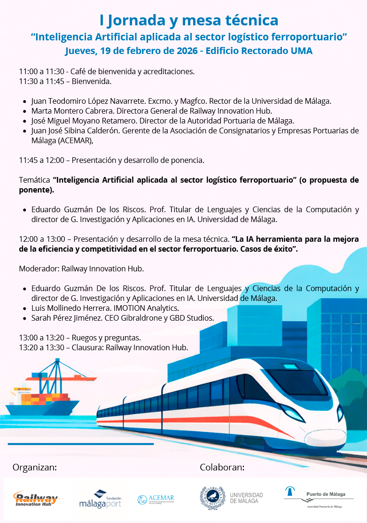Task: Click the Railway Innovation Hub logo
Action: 36,499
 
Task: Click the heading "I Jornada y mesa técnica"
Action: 189,20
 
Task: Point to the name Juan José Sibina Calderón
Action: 76,130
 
